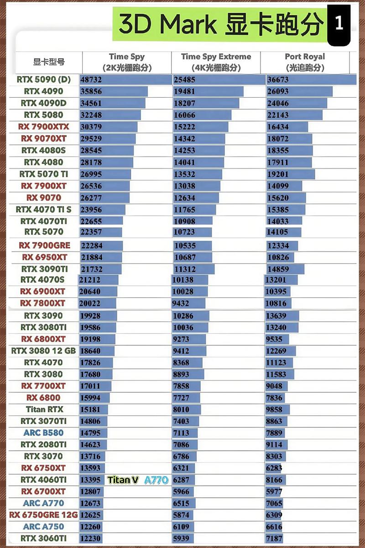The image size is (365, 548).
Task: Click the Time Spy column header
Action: tap(126, 62)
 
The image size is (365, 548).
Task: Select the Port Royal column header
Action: tap(305, 62)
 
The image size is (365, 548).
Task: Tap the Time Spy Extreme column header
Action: tap(216, 62)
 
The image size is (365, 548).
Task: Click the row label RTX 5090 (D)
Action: tap(43, 79)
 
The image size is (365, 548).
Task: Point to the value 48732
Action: tap(91, 79)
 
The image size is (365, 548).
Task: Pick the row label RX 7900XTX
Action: tap(43, 126)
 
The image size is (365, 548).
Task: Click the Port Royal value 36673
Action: tap(278, 79)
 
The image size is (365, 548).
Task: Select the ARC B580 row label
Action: tap(43, 432)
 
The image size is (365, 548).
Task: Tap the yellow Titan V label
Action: tap(123, 480)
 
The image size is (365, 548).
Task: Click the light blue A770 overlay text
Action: tap(156, 480)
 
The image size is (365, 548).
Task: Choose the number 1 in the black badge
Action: tap(339, 24)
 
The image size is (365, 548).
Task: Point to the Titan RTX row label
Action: tap(44, 409)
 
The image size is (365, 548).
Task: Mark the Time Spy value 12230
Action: tap(90, 538)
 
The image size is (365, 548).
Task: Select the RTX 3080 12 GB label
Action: tap(43, 351)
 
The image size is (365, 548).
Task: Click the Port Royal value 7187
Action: tap(275, 538)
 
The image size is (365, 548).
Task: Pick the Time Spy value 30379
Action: tap(91, 126)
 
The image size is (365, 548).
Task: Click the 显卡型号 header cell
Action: tap(49, 62)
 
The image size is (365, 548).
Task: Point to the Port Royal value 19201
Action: tap(278, 174)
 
